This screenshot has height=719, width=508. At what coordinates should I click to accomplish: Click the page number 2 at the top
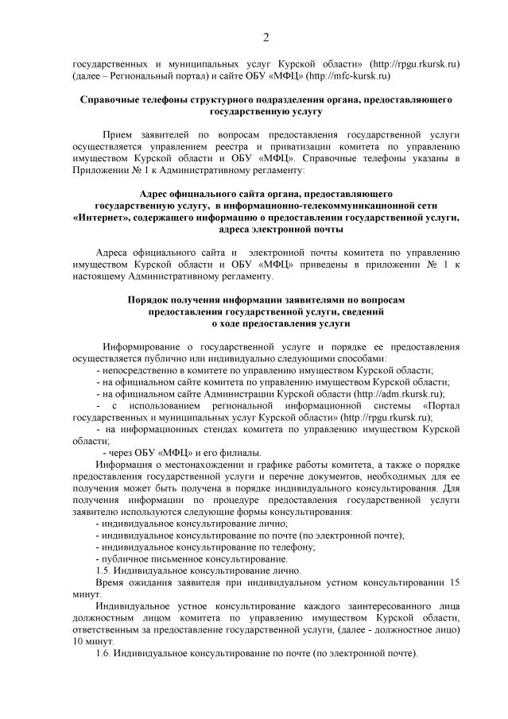point(266,37)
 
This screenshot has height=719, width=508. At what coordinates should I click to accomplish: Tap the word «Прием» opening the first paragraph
point(120,135)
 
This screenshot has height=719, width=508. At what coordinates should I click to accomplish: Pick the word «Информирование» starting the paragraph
point(142,347)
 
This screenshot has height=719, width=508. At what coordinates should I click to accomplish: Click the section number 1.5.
point(103,570)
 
